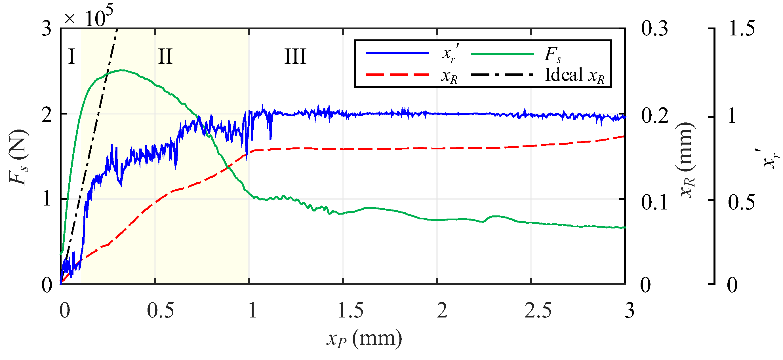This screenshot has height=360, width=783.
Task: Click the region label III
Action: click(295, 56)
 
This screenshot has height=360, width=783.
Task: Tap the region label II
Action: click(165, 56)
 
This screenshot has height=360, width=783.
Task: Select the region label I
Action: click(71, 56)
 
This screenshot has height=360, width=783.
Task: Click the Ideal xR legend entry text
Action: click(574, 75)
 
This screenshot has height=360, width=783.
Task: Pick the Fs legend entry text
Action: click(552, 54)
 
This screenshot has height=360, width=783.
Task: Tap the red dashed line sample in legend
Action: click(397, 75)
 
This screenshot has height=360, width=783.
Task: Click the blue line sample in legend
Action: click(397, 53)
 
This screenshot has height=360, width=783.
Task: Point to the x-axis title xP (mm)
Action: click(364, 339)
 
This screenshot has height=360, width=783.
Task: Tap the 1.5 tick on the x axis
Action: click(350, 311)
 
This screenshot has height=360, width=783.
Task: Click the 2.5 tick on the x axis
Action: click(538, 311)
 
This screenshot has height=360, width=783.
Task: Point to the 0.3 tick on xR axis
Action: click(654, 29)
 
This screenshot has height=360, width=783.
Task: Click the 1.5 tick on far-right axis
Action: click(741, 29)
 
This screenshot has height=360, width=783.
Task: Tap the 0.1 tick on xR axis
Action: click(654, 202)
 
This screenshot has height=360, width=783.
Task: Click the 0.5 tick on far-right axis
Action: click(741, 202)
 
